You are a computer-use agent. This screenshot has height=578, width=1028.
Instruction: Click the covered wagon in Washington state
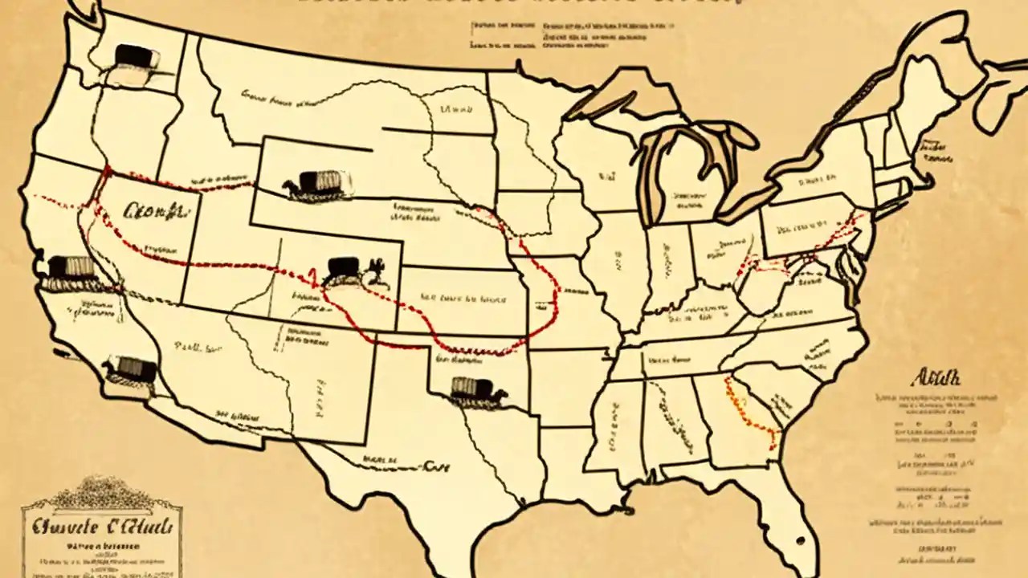[x=133, y=57]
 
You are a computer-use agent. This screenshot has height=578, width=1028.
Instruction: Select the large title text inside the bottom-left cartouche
[x=101, y=528]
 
